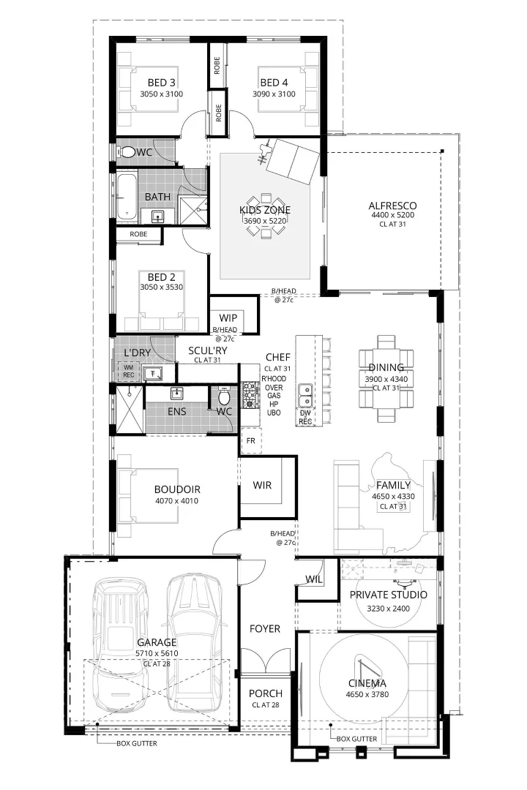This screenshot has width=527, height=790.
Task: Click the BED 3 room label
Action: [161, 82]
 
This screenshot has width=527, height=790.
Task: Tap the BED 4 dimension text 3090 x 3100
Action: [277, 94]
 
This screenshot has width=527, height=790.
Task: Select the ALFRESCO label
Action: [392, 206]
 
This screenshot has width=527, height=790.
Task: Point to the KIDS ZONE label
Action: [264, 210]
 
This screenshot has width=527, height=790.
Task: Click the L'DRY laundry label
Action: [137, 353]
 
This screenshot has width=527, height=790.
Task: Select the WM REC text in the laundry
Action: [128, 372]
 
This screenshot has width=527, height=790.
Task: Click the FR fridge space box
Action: [250, 441]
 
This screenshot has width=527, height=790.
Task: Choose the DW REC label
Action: [306, 418]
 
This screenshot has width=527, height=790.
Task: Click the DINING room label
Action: [386, 367]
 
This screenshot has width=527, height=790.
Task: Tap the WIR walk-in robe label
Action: [262, 485]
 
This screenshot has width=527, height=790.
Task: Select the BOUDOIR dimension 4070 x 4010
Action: [176, 502]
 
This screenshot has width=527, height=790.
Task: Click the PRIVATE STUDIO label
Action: [388, 595]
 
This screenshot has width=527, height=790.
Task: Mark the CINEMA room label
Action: [367, 684]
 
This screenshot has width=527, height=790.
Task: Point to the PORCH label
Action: [265, 693]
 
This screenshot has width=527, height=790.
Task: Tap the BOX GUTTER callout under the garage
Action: [136, 744]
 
